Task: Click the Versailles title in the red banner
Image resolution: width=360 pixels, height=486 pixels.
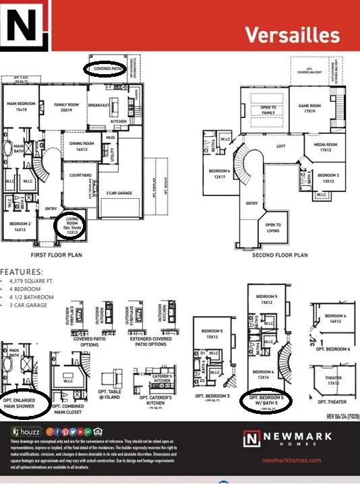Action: coord(291,34)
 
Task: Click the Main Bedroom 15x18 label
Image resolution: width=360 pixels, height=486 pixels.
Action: coord(20,107)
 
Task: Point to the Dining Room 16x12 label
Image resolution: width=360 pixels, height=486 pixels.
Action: coord(82,146)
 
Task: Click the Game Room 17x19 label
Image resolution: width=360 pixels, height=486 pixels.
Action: coord(310,108)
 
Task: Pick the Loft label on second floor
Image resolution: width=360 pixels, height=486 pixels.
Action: coord(280,146)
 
